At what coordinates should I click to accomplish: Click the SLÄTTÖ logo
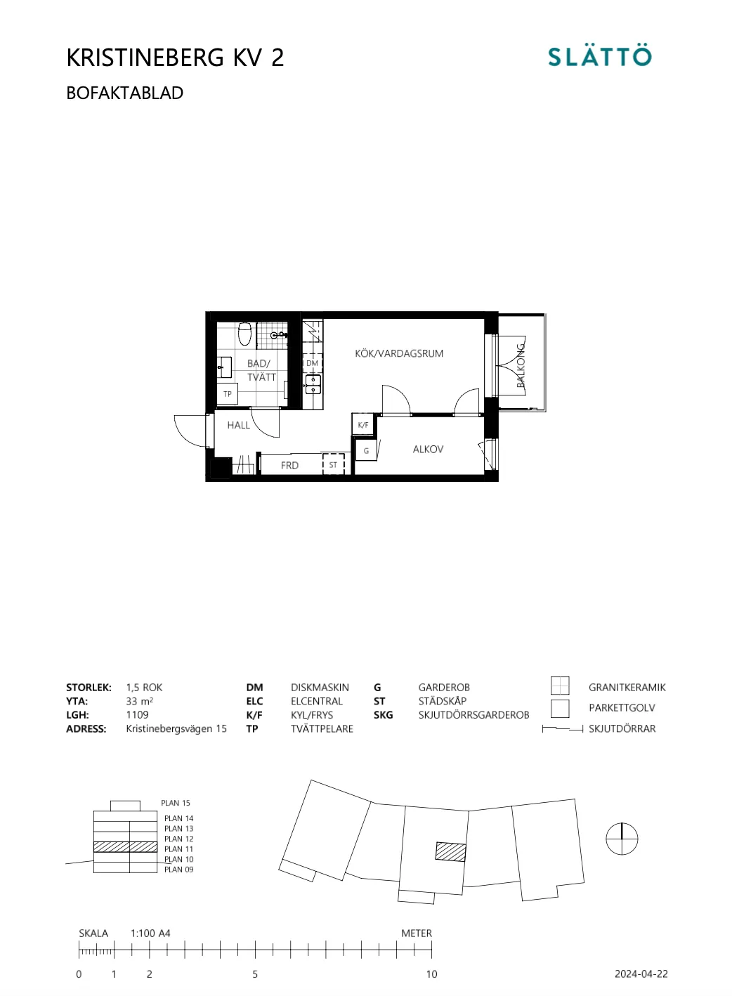[599, 56]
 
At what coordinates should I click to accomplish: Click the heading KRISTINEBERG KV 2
[175, 58]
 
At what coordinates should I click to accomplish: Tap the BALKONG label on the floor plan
[521, 366]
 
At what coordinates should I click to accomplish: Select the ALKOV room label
[428, 450]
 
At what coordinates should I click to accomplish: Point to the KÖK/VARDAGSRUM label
[399, 354]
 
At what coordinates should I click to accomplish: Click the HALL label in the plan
[238, 425]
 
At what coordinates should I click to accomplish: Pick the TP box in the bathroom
[228, 394]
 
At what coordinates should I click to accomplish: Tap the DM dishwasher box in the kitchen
[312, 363]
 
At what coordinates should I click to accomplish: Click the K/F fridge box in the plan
[363, 425]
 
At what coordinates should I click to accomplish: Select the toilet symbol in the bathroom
[244, 334]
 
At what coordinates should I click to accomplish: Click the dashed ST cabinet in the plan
[334, 465]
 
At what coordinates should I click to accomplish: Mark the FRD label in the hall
[289, 466]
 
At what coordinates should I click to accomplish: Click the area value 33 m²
[140, 701]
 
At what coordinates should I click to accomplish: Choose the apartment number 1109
[138, 715]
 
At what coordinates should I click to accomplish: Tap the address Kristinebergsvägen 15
[176, 729]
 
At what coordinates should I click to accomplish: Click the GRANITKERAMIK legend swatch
[560, 686]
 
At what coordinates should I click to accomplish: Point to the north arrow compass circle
[622, 839]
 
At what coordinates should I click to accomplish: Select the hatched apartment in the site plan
[450, 851]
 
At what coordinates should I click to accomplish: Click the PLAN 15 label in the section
[176, 803]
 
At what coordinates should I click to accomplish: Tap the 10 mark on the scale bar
[431, 974]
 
